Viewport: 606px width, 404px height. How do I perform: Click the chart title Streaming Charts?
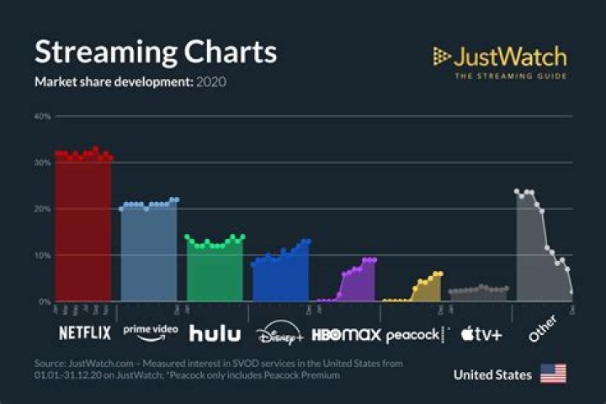pos(155,52)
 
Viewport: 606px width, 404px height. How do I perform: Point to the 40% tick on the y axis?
pos(42,116)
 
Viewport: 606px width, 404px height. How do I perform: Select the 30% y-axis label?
pos(42,162)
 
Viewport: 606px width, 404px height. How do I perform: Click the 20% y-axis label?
pos(42,209)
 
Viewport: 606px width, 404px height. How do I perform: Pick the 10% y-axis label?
pos(42,255)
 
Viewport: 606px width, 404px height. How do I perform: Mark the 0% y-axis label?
pos(45,301)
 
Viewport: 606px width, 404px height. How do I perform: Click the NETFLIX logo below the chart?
pos(84,333)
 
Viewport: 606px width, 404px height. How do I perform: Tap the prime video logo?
pos(151,331)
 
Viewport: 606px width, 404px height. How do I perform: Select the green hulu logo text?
pos(214,333)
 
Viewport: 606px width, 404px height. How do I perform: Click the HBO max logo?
pos(346,334)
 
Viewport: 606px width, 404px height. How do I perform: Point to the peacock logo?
pos(414,335)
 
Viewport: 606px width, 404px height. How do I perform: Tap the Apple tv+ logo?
pos(481,334)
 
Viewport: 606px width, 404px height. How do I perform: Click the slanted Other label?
pos(544,332)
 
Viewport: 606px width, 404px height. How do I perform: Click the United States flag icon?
pos(553,374)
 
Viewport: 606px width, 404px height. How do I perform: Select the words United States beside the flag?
pos(492,375)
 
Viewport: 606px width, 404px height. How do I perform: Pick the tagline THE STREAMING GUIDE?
pos(510,77)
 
